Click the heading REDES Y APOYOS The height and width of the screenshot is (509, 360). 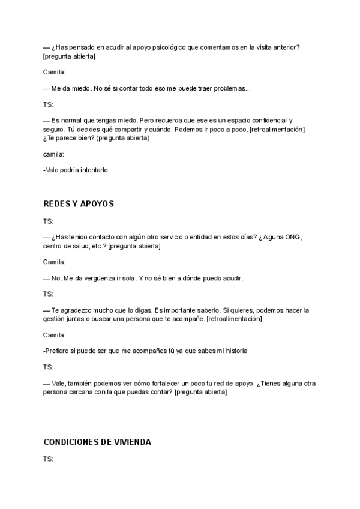(x=79, y=204)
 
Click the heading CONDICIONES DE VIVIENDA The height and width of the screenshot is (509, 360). (x=97, y=442)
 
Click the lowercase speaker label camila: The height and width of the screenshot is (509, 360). (x=53, y=154)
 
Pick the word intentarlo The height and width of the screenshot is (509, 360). (x=92, y=170)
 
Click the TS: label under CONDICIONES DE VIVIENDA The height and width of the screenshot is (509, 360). (x=48, y=459)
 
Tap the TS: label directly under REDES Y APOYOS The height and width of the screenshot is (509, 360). (x=48, y=221)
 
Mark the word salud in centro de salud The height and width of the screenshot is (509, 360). (x=87, y=246)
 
